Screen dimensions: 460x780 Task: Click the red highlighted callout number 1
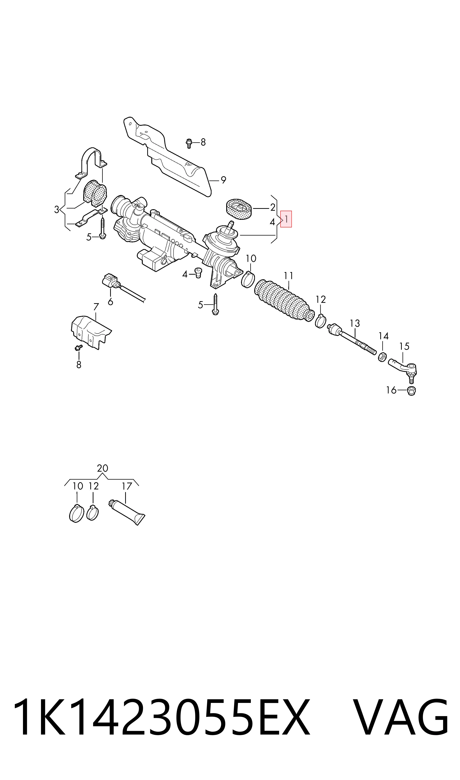pyautogui.click(x=286, y=219)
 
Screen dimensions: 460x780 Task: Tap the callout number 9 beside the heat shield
pyautogui.click(x=223, y=180)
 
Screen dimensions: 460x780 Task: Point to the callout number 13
pyautogui.click(x=355, y=323)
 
